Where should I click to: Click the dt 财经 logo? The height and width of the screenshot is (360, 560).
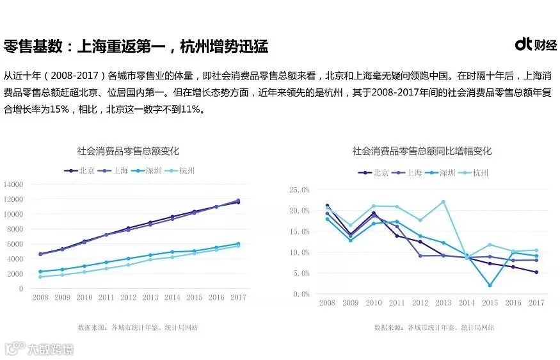[536, 44]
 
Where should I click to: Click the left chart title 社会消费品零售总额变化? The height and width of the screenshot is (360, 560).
[128, 151]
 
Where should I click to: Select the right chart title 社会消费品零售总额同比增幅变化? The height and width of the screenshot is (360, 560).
[422, 151]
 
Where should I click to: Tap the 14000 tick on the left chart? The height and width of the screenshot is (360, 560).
[13, 184]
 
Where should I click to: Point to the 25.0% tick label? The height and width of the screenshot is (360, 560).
[300, 190]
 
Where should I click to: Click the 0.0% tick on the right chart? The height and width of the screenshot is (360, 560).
[301, 294]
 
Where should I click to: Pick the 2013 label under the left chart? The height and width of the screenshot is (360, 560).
[150, 297]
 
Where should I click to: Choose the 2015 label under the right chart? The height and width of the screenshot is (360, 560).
[490, 303]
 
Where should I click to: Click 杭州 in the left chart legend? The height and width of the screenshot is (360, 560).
[187, 171]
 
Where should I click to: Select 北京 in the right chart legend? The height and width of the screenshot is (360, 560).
[381, 173]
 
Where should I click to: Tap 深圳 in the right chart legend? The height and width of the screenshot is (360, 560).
[447, 173]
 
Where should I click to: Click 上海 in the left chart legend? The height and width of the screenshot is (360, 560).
[120, 171]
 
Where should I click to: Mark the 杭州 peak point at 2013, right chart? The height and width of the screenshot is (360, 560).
[444, 202]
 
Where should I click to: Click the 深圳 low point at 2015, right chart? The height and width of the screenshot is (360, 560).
[490, 285]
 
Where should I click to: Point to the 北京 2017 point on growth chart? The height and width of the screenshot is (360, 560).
[536, 272]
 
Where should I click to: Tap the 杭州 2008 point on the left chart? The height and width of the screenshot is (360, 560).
[40, 277]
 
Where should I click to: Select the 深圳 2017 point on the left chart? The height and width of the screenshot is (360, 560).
[238, 244]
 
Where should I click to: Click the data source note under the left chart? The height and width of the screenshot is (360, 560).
[138, 327]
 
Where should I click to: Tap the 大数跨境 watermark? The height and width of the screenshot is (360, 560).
[39, 348]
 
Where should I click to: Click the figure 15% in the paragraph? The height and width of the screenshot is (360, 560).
[60, 109]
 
